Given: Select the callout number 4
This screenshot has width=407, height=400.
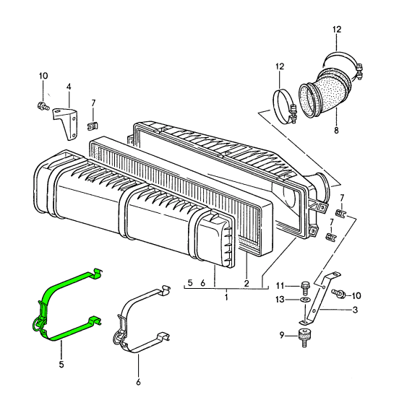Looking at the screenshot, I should (x=68, y=87).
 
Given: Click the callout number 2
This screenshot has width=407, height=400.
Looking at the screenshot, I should (x=247, y=284).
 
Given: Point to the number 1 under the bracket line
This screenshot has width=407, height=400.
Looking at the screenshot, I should (x=226, y=297).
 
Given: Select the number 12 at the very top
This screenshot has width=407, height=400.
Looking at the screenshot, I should (x=336, y=30).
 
